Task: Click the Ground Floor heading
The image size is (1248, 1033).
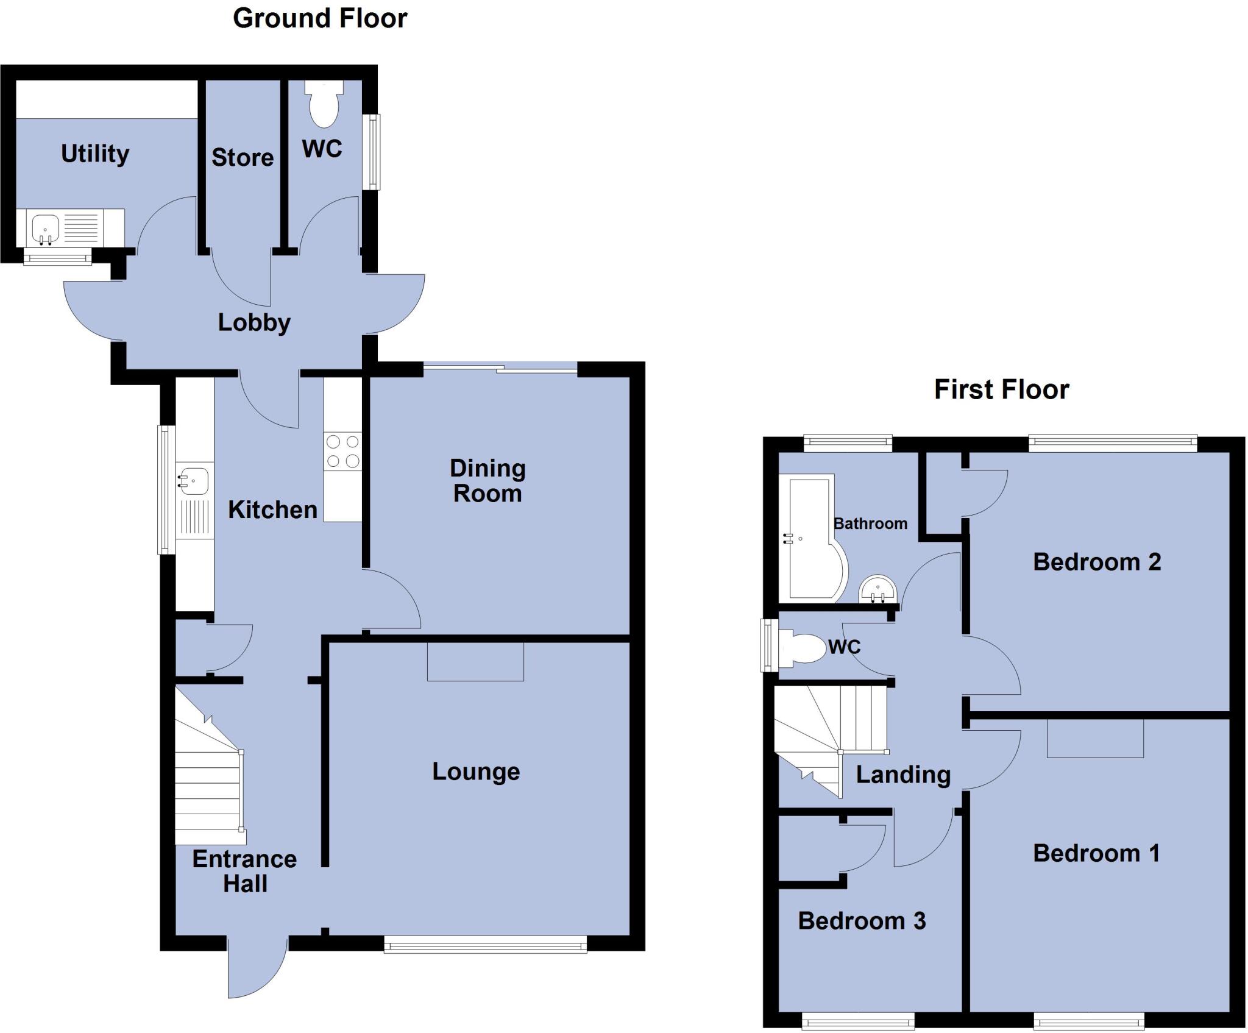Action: click(319, 18)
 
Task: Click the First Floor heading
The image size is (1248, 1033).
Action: click(1001, 389)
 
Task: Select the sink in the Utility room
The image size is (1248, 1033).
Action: click(44, 228)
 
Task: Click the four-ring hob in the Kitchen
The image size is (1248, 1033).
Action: click(342, 451)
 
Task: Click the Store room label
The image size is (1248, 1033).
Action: click(242, 158)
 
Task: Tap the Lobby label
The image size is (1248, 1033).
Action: click(254, 322)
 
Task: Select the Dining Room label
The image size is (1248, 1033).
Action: click(487, 481)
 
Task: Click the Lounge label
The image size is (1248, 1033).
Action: click(476, 772)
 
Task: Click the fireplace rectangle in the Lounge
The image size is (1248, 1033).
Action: click(475, 661)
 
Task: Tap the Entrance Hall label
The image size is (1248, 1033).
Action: click(244, 871)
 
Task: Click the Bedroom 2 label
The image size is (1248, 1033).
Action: click(1096, 562)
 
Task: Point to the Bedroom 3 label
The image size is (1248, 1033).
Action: click(862, 921)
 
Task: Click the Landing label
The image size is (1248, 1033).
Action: click(903, 775)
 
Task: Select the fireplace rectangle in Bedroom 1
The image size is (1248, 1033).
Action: click(1095, 738)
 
